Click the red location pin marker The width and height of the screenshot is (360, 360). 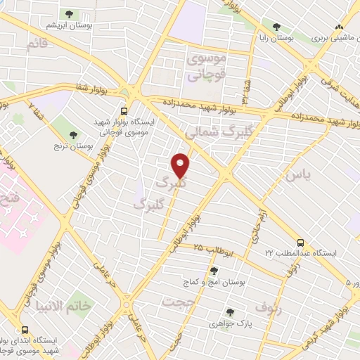(181, 165)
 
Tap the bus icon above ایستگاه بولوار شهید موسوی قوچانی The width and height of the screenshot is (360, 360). (124, 110)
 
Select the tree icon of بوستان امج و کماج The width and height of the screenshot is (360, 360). (214, 270)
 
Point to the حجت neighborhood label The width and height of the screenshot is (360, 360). (177, 301)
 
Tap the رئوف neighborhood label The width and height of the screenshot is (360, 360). (269, 307)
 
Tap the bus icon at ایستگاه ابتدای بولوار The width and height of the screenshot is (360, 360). (25, 330)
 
